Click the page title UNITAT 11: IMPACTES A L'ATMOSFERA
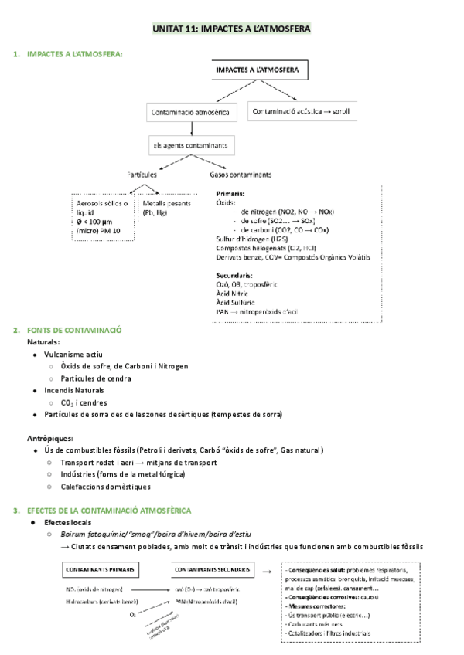click(x=232, y=29)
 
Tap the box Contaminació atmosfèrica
click(x=193, y=113)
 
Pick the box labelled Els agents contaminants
click(x=193, y=144)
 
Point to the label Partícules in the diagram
click(x=142, y=175)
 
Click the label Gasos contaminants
click(x=241, y=175)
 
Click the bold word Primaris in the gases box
click(x=231, y=193)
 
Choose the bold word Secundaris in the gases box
click(x=234, y=274)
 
